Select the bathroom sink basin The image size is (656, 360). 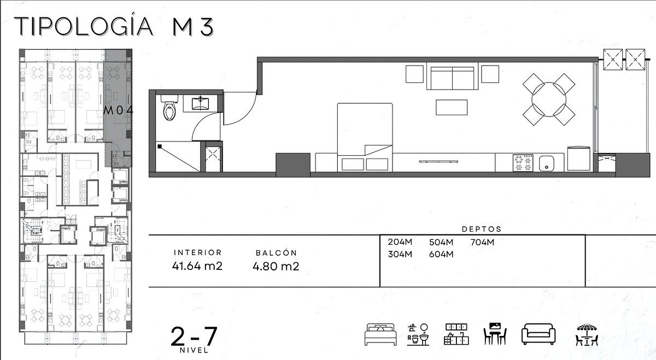(x=201, y=104)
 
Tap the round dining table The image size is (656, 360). (x=549, y=99)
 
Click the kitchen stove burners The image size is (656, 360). (x=523, y=163)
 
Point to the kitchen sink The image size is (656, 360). (x=547, y=163)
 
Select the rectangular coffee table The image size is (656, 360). (x=452, y=108)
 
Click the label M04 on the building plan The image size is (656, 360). (x=118, y=110)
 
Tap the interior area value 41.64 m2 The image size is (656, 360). (x=197, y=266)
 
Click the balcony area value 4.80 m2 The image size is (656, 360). (x=276, y=267)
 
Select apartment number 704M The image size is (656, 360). (x=482, y=243)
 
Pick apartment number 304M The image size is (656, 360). (x=400, y=254)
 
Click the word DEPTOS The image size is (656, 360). (x=482, y=229)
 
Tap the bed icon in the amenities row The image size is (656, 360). (x=380, y=334)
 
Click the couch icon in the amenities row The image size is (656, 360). (x=538, y=334)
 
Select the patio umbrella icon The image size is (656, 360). (x=587, y=334)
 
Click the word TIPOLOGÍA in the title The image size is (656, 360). (x=84, y=27)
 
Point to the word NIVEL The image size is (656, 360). (x=194, y=350)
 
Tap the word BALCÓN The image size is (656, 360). (x=276, y=253)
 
